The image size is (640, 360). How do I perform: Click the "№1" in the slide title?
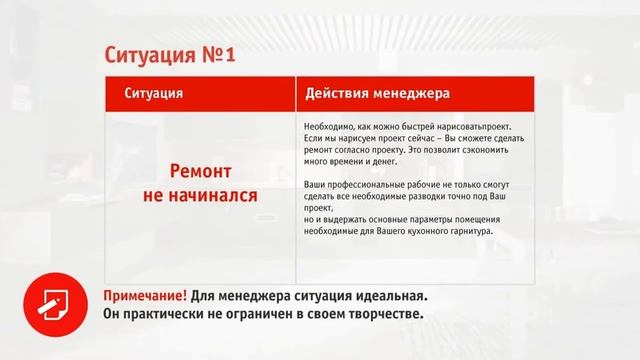[220, 53]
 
